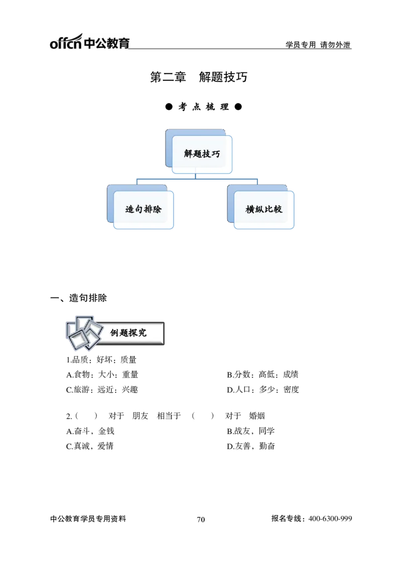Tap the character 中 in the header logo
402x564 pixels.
88,43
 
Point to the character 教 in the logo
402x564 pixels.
113,43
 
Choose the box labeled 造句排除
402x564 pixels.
143,209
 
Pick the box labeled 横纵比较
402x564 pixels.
264,209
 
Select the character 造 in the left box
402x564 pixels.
130,209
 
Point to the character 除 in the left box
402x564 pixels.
157,209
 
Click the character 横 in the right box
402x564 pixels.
250,209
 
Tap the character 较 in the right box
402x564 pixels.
277,209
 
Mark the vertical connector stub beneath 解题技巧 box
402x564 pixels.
195,175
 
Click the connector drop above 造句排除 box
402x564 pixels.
134,181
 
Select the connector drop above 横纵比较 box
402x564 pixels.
259,181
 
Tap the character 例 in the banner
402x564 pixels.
115,333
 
